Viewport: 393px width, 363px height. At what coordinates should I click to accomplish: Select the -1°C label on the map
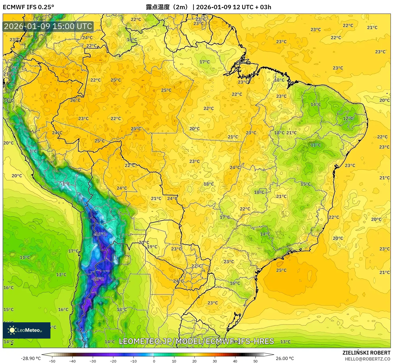(x=65, y=184)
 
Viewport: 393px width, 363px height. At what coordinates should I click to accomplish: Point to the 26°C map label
(x=75, y=100)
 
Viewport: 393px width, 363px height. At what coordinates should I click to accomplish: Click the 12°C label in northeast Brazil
(x=348, y=119)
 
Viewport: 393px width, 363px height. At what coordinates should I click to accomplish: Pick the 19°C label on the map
(x=152, y=247)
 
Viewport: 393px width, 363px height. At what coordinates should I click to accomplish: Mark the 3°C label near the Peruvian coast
(x=33, y=151)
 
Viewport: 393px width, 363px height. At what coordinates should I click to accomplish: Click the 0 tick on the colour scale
(x=154, y=361)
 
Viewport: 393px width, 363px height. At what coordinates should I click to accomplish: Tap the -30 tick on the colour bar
(x=93, y=361)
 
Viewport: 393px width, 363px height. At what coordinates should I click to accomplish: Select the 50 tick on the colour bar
(x=255, y=361)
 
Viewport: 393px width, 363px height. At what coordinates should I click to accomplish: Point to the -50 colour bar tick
(x=52, y=361)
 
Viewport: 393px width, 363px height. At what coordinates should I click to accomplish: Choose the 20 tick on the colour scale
(x=194, y=361)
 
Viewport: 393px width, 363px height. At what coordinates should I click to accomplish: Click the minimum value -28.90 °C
(x=31, y=358)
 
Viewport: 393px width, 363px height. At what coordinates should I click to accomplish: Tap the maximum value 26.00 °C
(x=285, y=358)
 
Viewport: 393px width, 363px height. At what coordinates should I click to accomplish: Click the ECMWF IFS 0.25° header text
(x=28, y=7)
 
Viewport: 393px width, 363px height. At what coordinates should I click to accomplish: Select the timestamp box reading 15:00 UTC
(x=48, y=27)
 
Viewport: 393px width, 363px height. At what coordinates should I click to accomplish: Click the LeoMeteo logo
(x=27, y=330)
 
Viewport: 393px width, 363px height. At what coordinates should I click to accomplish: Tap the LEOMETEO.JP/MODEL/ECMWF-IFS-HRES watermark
(x=196, y=341)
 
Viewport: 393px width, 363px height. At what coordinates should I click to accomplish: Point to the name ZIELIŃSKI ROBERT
(x=366, y=353)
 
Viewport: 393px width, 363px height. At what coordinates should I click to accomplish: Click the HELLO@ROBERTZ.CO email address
(x=367, y=359)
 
